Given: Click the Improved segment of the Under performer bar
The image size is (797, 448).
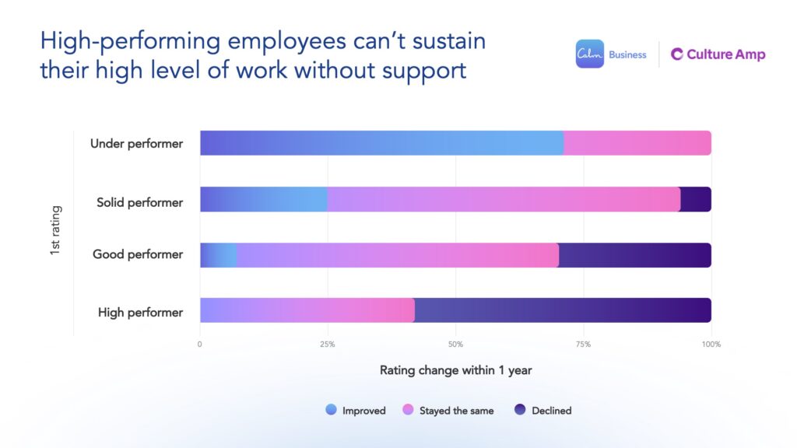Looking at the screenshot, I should [381, 143].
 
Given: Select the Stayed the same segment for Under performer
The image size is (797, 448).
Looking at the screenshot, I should [637, 143].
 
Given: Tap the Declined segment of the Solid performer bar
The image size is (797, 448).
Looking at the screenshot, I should [696, 199].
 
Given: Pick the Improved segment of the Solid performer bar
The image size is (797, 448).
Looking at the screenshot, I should [264, 199].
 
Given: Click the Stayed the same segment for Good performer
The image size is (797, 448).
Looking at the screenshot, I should [398, 255].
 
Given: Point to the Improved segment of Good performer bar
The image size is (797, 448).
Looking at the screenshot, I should [219, 255].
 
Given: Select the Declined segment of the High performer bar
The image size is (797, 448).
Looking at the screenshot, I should [563, 310].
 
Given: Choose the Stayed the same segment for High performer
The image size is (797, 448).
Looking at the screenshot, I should [307, 310].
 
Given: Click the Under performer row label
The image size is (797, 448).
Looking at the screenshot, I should [136, 143].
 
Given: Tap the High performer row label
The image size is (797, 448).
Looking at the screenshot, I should [140, 313].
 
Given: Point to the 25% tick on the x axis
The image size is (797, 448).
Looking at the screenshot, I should [328, 344].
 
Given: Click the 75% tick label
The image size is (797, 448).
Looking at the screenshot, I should [583, 344].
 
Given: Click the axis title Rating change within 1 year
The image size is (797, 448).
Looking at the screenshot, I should [455, 370].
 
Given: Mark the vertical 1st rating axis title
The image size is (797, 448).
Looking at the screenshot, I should [56, 231].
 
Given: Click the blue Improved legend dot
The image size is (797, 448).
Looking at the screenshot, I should [332, 410].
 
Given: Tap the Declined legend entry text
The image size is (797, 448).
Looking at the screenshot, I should [551, 411].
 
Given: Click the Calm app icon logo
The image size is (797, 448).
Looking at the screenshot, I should [589, 54].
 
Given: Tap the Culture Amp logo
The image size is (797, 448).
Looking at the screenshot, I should [718, 54].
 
